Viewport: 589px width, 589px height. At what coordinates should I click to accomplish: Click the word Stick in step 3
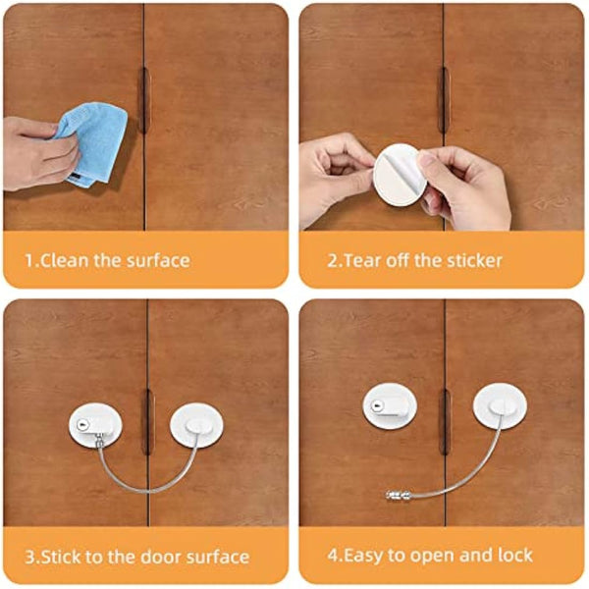pos(65,557)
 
